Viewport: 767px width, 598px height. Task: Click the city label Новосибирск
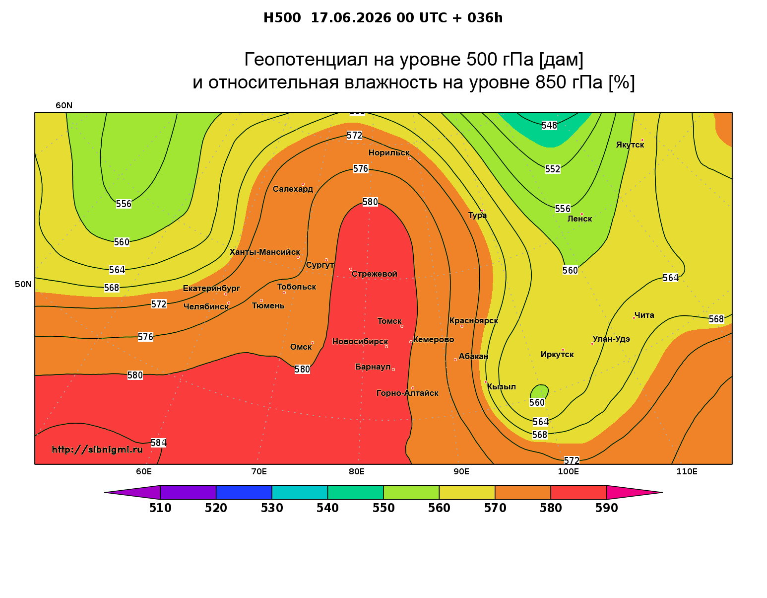click(x=360, y=342)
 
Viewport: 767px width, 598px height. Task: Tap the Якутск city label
click(x=630, y=145)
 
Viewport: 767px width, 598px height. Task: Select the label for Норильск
click(x=389, y=153)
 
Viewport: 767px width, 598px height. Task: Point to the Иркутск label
click(x=557, y=355)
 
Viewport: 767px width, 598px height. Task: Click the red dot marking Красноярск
click(x=462, y=326)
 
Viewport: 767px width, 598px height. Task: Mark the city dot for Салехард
click(x=303, y=184)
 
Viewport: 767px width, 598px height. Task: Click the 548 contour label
click(x=549, y=125)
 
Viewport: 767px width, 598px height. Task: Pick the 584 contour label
click(x=158, y=443)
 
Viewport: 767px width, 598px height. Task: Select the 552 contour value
click(x=553, y=169)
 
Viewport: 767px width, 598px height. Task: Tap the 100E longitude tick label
click(x=568, y=472)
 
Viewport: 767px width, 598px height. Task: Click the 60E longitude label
click(x=144, y=472)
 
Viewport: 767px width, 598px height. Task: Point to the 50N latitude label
click(x=23, y=284)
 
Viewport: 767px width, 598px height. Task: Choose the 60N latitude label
click(x=64, y=106)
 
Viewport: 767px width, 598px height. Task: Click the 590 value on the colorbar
click(x=606, y=508)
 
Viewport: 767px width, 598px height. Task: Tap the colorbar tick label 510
click(x=160, y=508)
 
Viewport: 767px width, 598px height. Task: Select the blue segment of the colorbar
click(x=244, y=492)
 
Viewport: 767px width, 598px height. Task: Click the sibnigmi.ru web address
click(x=97, y=449)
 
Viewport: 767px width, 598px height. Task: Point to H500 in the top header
click(x=282, y=18)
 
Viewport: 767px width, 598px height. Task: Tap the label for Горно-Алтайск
click(x=407, y=393)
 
